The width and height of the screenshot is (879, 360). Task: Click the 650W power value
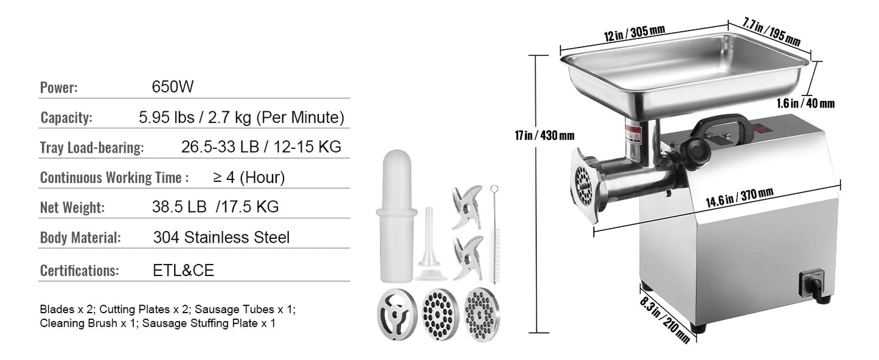[x=173, y=87]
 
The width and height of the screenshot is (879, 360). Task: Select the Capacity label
[x=66, y=117]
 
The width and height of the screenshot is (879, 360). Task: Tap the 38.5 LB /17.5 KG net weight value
[x=215, y=207]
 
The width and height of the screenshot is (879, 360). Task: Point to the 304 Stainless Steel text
[x=221, y=237]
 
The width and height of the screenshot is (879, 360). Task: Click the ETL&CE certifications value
[x=183, y=270]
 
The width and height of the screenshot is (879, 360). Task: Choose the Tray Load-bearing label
[x=92, y=147]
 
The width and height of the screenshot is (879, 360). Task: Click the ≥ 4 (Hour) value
[x=248, y=178]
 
